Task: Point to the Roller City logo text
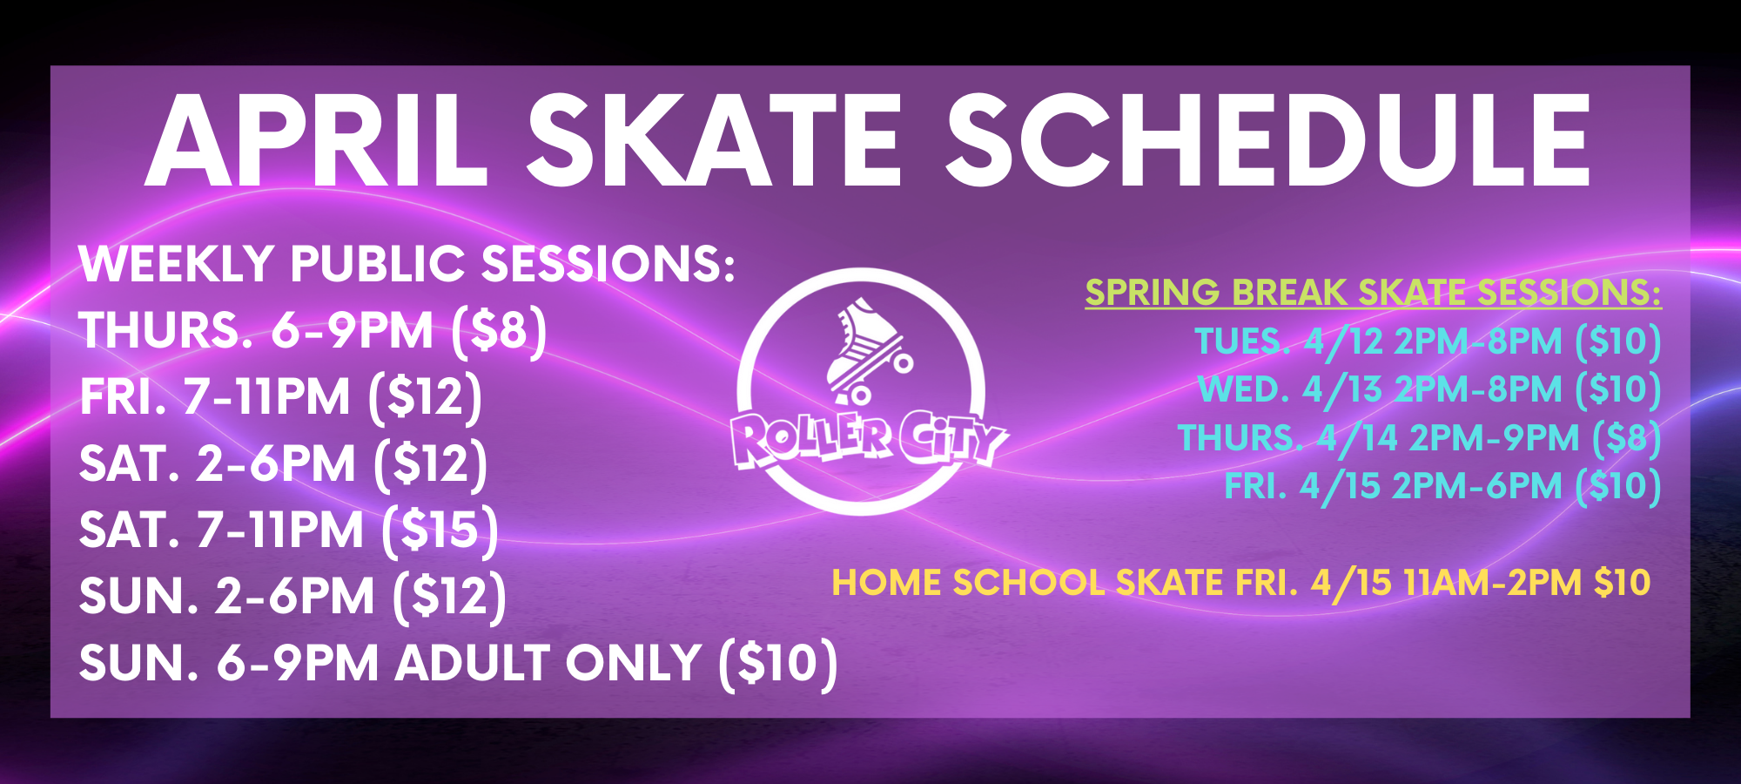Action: point(868,439)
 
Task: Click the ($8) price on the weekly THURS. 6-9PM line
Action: point(500,331)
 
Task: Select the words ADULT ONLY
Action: point(548,663)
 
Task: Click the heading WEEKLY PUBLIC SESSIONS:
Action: point(407,263)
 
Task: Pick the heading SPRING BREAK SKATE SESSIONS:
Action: point(1373,293)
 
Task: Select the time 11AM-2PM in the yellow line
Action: point(1493,583)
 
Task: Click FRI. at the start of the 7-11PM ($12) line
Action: point(123,397)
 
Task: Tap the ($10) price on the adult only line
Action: point(778,664)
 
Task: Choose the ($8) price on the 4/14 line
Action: point(1627,439)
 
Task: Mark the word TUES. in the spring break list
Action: point(1242,341)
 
